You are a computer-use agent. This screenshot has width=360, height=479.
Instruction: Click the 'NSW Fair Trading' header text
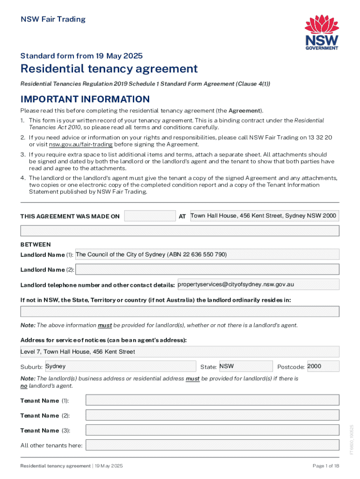pos(53,19)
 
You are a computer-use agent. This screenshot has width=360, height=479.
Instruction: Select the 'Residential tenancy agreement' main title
pos(109,69)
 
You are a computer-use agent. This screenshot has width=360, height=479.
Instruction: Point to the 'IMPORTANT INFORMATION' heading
pos(85,99)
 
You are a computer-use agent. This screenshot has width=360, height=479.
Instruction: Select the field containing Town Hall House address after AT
pos(264,216)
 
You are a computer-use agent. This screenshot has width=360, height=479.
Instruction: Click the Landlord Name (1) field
pos(207,254)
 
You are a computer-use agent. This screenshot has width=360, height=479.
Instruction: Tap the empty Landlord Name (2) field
pos(207,269)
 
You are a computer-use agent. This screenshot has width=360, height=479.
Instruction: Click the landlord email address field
pos(258,284)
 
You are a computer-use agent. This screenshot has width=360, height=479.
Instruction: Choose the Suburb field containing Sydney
pos(120,366)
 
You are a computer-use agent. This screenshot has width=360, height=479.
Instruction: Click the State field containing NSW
pos(245,366)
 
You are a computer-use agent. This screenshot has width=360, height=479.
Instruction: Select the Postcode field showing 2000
pos(323,366)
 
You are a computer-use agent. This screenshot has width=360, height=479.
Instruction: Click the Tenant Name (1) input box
pos(212,400)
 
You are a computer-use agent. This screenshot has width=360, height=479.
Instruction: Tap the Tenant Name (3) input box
pos(212,430)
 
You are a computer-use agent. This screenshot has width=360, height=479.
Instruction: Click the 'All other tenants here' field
pos(212,445)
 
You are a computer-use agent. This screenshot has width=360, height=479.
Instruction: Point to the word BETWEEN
pos(36,245)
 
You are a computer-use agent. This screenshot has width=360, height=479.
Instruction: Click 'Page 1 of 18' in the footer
pos(325,466)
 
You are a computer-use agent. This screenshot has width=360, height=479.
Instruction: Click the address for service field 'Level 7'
pos(180,352)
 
